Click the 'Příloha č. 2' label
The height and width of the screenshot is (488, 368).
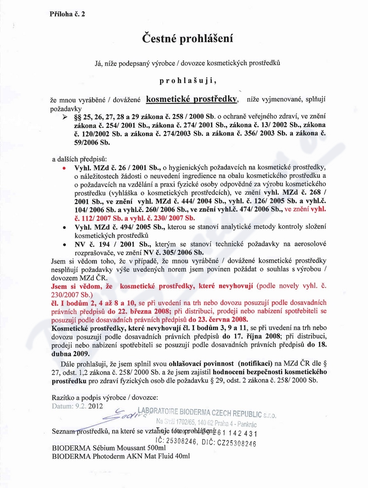67,14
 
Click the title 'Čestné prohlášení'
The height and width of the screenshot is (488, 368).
188,39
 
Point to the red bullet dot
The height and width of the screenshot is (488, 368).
65,169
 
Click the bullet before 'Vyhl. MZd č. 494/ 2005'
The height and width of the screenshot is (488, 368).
65,227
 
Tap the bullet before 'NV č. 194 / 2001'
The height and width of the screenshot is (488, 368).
65,244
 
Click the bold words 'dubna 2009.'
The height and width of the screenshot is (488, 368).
70,354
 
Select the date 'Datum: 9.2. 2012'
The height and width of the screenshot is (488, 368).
77,405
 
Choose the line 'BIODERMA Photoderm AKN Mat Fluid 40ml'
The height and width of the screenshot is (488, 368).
121,456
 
